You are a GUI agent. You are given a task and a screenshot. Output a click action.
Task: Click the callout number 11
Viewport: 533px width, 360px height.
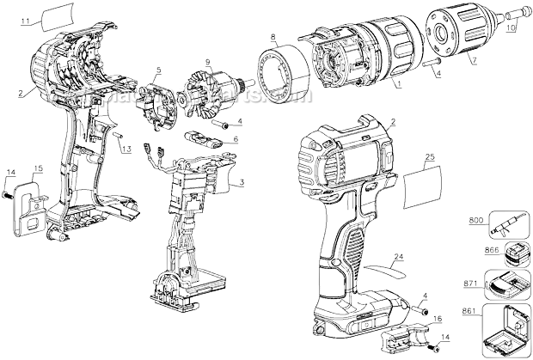23,17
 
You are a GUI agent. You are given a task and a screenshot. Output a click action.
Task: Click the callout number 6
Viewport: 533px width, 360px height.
236,138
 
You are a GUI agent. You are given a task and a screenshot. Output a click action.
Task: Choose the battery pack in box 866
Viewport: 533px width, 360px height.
503,255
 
